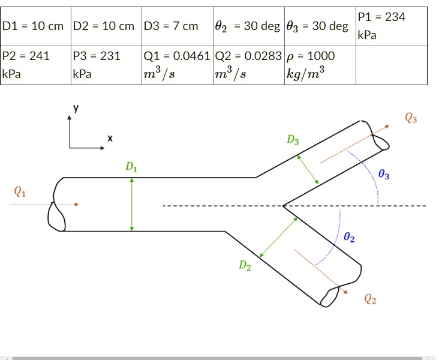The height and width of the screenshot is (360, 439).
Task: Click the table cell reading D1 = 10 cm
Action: point(36,26)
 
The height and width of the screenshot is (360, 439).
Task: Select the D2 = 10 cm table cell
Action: point(107,26)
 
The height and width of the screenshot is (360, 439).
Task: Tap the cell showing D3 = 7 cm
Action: point(177,26)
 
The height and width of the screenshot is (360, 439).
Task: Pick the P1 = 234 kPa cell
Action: point(391,26)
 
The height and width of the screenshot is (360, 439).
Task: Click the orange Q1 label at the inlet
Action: point(20,192)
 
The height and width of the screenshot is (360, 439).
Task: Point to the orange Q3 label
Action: point(411,118)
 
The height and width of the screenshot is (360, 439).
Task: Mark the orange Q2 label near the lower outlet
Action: point(370,299)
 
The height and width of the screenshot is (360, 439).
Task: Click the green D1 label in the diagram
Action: point(131,167)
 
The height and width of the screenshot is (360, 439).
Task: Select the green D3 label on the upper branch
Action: point(292,140)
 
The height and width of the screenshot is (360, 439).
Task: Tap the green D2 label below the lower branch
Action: point(245,265)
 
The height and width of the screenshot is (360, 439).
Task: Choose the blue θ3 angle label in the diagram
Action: point(384,175)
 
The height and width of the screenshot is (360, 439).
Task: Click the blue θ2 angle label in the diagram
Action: point(350,238)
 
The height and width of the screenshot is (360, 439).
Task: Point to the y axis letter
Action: point(76,108)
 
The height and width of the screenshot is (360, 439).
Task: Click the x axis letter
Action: point(110,139)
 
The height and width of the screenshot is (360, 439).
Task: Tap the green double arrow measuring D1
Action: point(132,204)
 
